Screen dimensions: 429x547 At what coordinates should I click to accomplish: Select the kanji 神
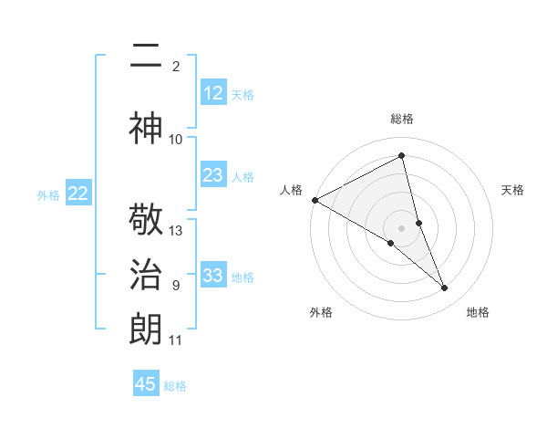(147, 128)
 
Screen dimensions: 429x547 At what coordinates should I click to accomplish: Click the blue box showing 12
(213, 93)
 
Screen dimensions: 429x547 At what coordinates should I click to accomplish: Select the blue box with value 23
(213, 175)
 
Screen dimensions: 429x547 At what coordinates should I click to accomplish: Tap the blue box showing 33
(213, 276)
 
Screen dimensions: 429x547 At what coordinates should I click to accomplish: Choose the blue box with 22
(78, 194)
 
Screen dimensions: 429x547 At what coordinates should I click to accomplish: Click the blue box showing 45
(147, 384)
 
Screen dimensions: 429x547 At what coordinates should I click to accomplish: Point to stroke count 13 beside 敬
(176, 231)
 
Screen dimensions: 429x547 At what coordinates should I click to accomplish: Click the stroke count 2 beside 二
(176, 66)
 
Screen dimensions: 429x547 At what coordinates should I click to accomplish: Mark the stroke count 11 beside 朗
(176, 340)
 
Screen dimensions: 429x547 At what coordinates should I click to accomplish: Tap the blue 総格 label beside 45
(176, 386)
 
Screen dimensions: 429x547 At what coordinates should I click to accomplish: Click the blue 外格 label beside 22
(48, 194)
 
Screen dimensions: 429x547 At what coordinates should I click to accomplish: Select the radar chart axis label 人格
(292, 190)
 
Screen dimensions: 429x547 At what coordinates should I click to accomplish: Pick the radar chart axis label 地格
(478, 312)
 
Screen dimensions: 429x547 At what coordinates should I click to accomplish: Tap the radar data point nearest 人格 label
(315, 199)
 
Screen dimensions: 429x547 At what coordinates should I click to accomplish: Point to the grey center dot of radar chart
(402, 227)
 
